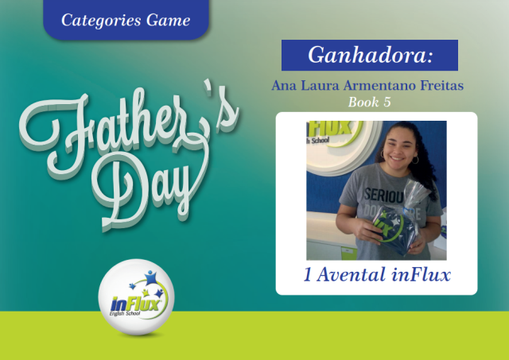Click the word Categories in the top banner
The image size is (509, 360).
(x=101, y=21)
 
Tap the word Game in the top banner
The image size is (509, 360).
(x=168, y=20)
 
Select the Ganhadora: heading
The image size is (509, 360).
(x=371, y=55)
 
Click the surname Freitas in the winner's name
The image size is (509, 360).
(x=442, y=85)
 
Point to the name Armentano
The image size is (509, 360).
(x=380, y=85)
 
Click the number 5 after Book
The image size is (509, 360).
(x=387, y=103)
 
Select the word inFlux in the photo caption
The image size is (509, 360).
(x=421, y=275)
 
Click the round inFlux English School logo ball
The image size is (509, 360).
(x=136, y=296)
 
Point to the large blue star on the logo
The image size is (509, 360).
(x=150, y=277)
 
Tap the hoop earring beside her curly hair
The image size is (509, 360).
(x=415, y=160)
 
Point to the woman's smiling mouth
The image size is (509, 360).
(x=396, y=158)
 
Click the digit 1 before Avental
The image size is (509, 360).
(x=308, y=275)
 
